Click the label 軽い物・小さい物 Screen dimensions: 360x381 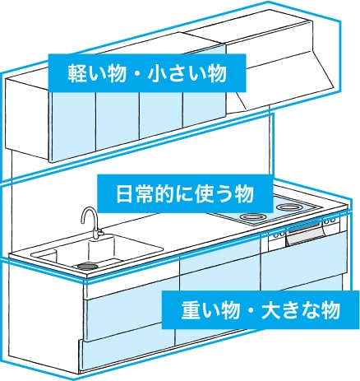(147, 73)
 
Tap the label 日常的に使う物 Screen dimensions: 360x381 (185, 193)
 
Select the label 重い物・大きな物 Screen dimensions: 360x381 (261, 310)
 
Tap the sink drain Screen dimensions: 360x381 (87, 266)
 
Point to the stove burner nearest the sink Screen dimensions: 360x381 (252, 216)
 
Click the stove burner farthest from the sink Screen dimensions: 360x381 (289, 207)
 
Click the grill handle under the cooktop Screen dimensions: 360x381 (304, 228)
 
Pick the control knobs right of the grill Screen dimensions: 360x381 (330, 221)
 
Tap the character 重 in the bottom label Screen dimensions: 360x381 (191, 310)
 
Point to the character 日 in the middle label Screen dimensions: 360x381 (125, 194)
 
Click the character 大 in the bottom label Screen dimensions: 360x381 (270, 310)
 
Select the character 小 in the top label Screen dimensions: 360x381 (157, 73)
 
